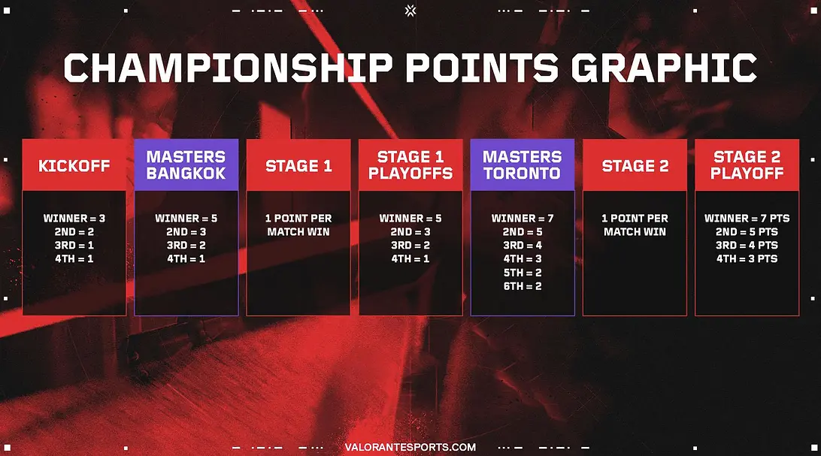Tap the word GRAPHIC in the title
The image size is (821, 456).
click(x=663, y=68)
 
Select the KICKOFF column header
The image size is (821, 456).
click(x=74, y=166)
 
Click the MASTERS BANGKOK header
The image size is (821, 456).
click(x=186, y=165)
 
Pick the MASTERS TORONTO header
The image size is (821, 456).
click(x=522, y=165)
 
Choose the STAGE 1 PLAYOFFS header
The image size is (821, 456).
click(x=410, y=165)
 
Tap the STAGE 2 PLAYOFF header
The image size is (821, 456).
click(x=747, y=165)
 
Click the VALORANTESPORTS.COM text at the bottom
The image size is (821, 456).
click(x=410, y=447)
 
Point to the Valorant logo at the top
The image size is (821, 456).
click(x=410, y=11)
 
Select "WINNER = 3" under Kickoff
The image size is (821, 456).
click(x=74, y=218)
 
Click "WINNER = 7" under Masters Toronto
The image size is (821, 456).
click(x=523, y=218)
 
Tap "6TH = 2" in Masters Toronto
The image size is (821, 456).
click(x=523, y=286)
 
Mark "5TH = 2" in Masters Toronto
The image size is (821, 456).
click(x=523, y=273)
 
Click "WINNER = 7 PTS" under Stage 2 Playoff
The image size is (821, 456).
click(x=747, y=218)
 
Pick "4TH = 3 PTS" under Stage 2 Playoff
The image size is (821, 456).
click(x=747, y=258)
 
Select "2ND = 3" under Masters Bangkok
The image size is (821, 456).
click(x=186, y=231)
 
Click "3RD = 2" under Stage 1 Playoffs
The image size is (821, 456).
click(x=410, y=245)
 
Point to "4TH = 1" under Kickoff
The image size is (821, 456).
click(x=74, y=258)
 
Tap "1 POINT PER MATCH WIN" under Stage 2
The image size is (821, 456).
click(x=635, y=225)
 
